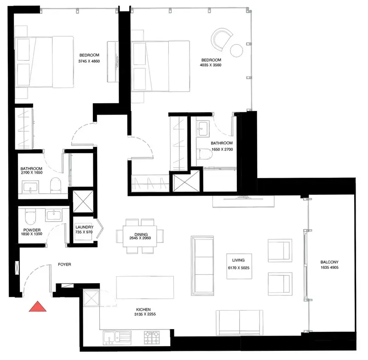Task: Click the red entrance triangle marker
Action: tap(38, 307)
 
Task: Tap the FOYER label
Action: tap(64, 264)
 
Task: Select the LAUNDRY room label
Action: tap(85, 227)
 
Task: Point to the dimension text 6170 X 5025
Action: tap(239, 268)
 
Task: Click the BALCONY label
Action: tap(329, 262)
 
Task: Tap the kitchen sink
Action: tap(117, 338)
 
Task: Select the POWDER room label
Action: tap(32, 230)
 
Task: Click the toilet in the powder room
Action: tap(30, 216)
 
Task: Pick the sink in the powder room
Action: tap(54, 215)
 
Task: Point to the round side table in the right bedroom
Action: tap(236, 51)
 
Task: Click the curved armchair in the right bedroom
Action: tap(222, 39)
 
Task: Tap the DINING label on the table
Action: tap(141, 234)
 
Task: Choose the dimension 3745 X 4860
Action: tap(89, 61)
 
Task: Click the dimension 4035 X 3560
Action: tap(211, 65)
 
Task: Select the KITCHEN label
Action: tap(144, 310)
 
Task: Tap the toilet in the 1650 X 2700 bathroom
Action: tap(204, 154)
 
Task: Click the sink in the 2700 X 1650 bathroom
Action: tap(30, 187)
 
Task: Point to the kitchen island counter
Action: tap(145, 287)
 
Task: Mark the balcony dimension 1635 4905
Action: tap(329, 267)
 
